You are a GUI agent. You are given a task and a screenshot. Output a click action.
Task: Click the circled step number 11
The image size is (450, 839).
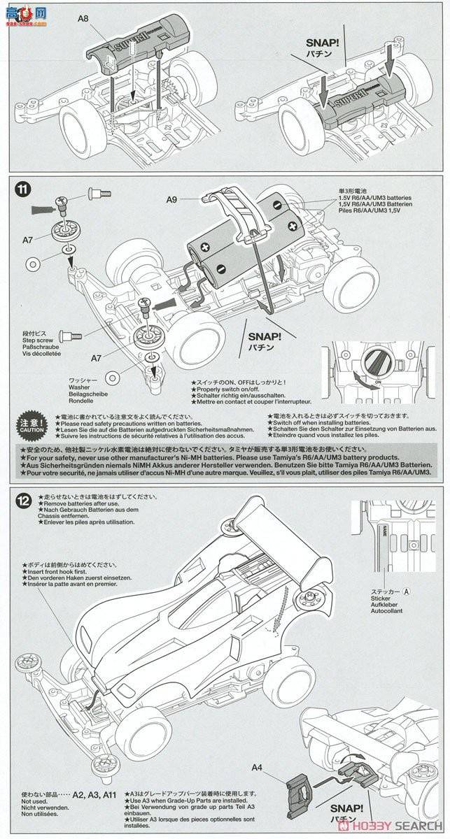coord(23,188)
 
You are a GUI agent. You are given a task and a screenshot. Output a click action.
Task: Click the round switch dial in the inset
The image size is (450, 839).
coord(375,363)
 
